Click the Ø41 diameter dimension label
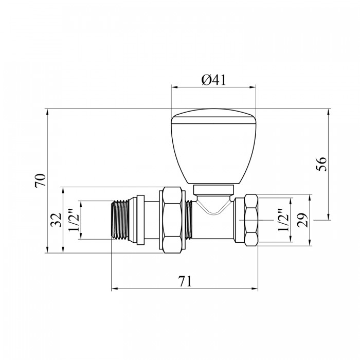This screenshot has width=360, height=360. click(213, 80)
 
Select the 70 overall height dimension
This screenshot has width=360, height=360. click(41, 181)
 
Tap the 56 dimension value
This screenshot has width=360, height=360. click(321, 164)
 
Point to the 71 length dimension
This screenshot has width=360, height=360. click(185, 281)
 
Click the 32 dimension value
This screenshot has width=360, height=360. click(56, 220)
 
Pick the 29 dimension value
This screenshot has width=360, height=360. click(302, 220)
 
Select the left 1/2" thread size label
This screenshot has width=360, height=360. click(74, 220)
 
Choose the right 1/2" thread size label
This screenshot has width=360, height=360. click(283, 220)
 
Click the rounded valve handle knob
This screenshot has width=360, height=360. click(213, 146)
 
